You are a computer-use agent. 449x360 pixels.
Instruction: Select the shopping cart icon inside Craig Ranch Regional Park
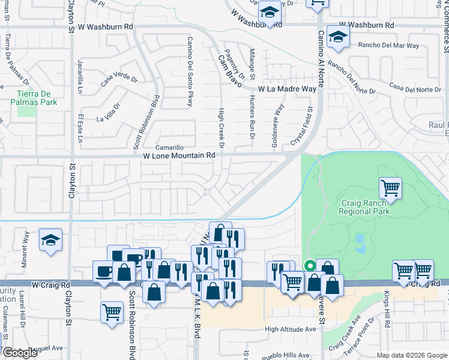pyautogui.click(x=391, y=188)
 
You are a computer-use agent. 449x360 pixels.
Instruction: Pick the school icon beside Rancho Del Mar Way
pyautogui.click(x=339, y=37)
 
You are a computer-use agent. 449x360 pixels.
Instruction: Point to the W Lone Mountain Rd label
pyautogui.click(x=179, y=155)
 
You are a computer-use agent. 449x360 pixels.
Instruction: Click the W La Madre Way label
pyautogui.click(x=287, y=89)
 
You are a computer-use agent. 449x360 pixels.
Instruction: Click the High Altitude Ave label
pyautogui.click(x=290, y=329)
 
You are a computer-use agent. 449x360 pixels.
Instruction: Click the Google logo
pyautogui.click(x=20, y=353)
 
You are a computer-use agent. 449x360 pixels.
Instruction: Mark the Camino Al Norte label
pyautogui.click(x=321, y=59)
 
